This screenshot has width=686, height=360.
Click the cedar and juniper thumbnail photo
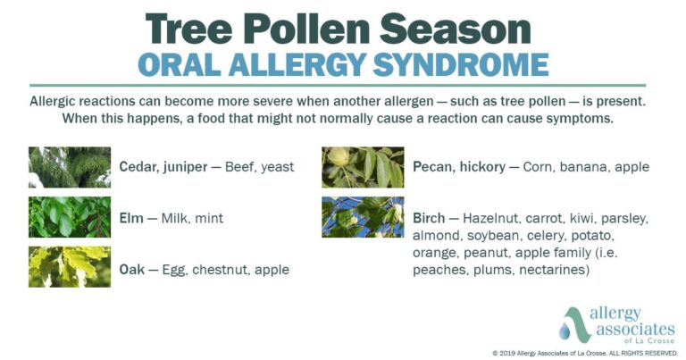pyautogui.click(x=70, y=167)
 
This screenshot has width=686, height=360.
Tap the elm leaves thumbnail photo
pyautogui.click(x=70, y=217)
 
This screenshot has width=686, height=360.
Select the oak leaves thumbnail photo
pyautogui.click(x=70, y=267)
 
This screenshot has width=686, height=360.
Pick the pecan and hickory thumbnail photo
pyautogui.click(x=363, y=167)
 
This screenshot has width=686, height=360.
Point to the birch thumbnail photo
pyautogui.click(x=363, y=217)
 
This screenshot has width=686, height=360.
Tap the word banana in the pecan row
pyautogui.click(x=582, y=167)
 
